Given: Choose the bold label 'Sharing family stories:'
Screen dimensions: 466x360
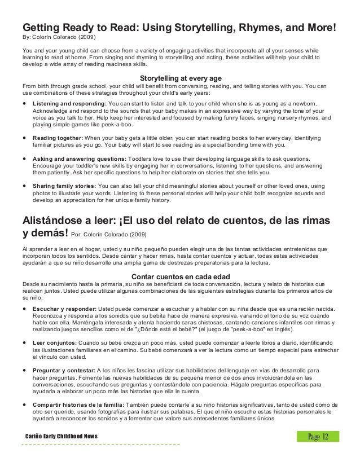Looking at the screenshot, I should [64, 186].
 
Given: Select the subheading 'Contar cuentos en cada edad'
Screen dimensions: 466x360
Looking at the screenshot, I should [180, 276].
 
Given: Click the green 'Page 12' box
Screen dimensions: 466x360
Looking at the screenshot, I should [319, 436].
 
